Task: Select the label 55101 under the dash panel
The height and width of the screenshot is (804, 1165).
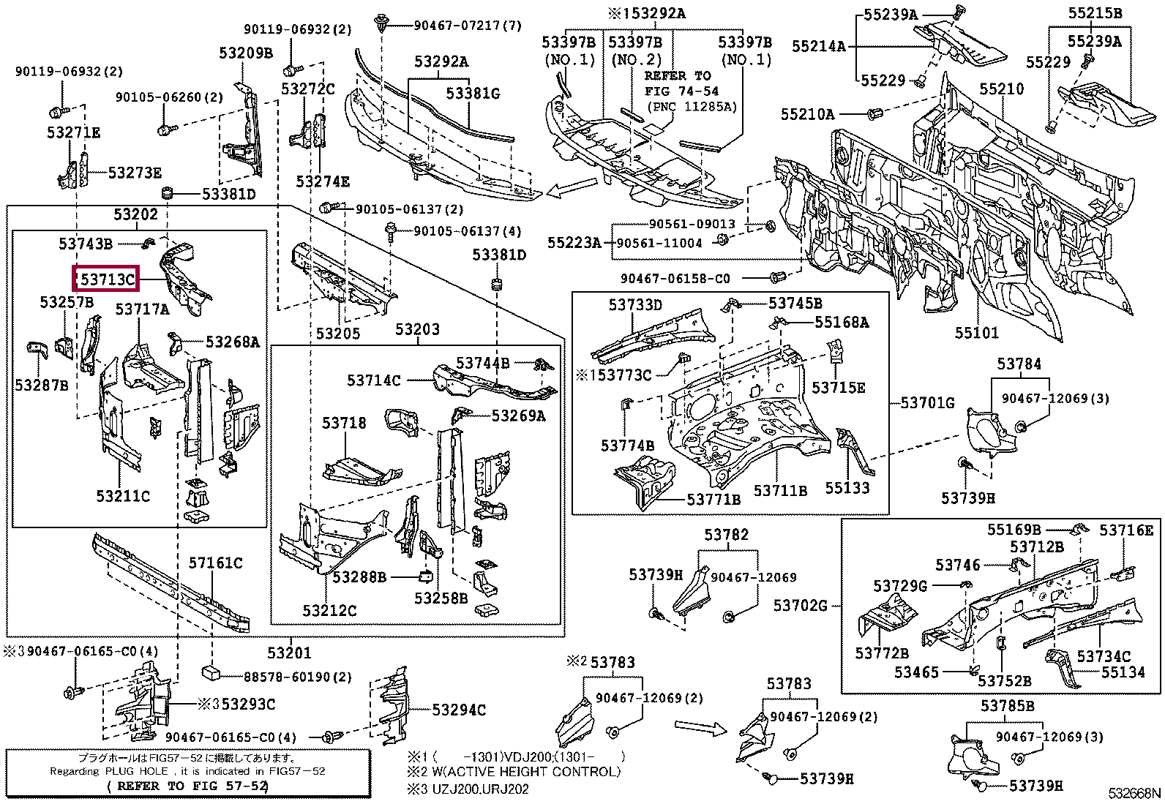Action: point(976,334)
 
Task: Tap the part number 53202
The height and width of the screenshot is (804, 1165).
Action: point(135,214)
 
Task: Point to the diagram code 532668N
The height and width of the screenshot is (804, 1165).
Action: point(1134,794)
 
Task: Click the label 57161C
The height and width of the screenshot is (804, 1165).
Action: point(215,563)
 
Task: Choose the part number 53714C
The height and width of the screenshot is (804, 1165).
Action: point(373,380)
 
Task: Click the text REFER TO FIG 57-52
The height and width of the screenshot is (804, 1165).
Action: point(188,786)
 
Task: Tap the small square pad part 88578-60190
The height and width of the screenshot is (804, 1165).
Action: point(211,672)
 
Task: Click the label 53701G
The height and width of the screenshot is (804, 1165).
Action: point(927,402)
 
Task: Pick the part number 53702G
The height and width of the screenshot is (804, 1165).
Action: point(800,605)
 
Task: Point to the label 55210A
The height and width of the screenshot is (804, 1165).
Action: point(807,114)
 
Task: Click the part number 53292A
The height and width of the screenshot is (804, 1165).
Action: point(441,62)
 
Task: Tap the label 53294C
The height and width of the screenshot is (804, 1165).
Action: point(458,710)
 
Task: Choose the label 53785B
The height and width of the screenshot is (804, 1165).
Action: point(1008,706)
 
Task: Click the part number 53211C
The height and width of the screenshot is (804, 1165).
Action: point(123,496)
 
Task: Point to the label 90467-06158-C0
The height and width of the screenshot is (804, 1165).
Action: point(675,279)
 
